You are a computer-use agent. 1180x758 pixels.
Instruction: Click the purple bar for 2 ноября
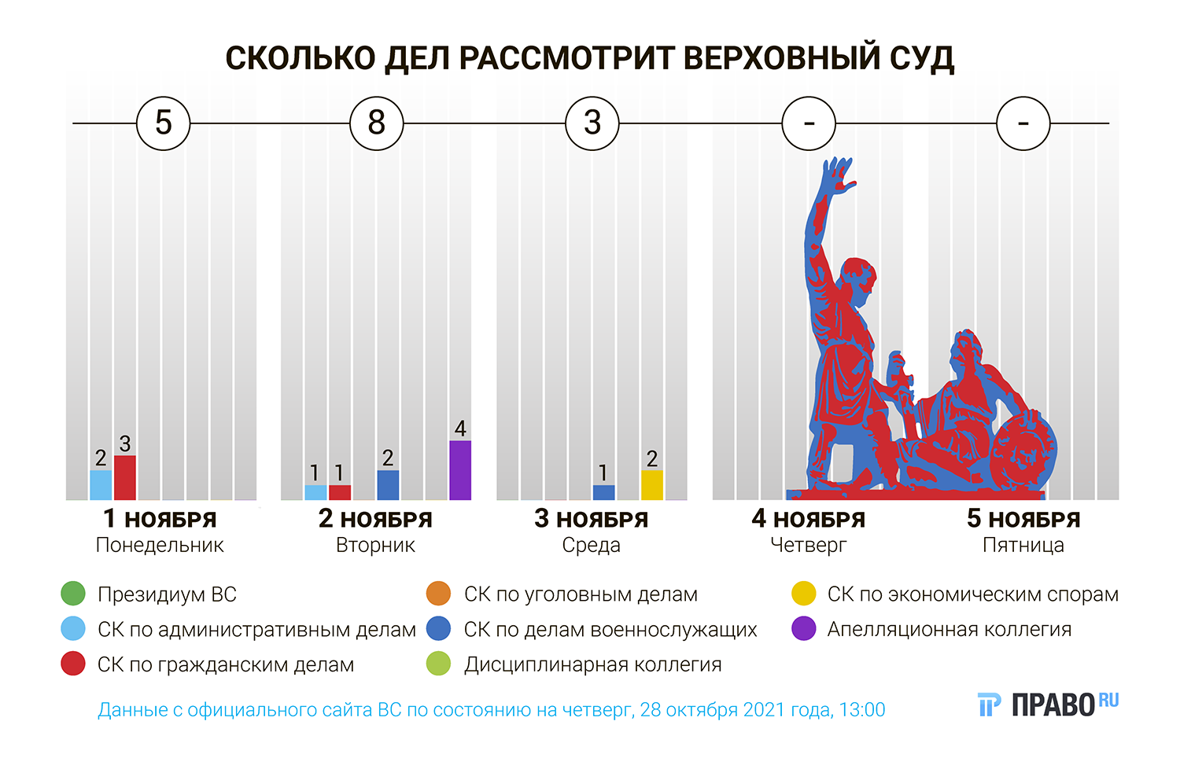pyautogui.click(x=460, y=470)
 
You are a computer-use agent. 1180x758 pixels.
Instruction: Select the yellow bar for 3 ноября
pyautogui.click(x=652, y=485)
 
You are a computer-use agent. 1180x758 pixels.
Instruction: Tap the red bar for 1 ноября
pyautogui.click(x=125, y=478)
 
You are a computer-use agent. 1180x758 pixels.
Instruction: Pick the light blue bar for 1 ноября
pyautogui.click(x=101, y=485)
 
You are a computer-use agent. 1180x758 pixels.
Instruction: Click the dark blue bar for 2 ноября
pyautogui.click(x=388, y=485)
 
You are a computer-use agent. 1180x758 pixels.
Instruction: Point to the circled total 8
pyautogui.click(x=377, y=123)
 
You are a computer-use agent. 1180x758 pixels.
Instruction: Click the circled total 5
pyautogui.click(x=164, y=123)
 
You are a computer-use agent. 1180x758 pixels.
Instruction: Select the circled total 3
pyautogui.click(x=592, y=123)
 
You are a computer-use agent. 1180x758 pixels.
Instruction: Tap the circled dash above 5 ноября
pyautogui.click(x=1023, y=123)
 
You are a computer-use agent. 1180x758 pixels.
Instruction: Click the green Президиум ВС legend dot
pyautogui.click(x=73, y=594)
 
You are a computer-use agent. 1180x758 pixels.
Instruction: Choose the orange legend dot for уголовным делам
pyautogui.click(x=438, y=594)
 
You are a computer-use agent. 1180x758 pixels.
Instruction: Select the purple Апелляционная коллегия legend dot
pyautogui.click(x=803, y=629)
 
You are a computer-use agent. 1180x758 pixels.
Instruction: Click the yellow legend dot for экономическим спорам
pyautogui.click(x=803, y=594)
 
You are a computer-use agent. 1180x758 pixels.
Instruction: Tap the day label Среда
pyautogui.click(x=591, y=545)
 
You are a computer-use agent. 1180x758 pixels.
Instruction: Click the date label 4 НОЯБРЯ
pyautogui.click(x=808, y=519)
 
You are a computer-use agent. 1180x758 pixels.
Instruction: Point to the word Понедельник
pyautogui.click(x=160, y=545)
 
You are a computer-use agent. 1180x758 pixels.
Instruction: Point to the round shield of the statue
pyautogui.click(x=1023, y=452)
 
